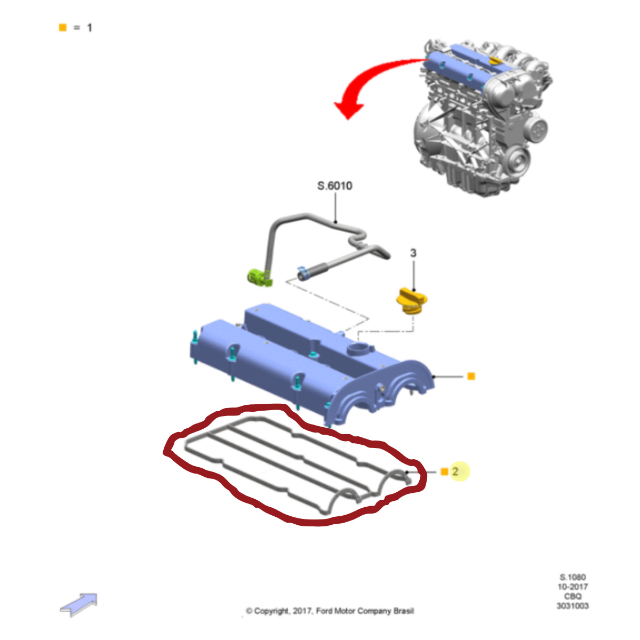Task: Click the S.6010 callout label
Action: tap(334, 186)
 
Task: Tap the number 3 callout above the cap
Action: tap(413, 253)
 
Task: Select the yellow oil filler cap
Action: tap(412, 301)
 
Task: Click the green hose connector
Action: tap(260, 277)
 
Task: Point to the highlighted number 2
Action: tap(455, 471)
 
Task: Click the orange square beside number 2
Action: tap(444, 471)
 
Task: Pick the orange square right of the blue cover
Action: tap(471, 377)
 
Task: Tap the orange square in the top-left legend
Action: tap(62, 27)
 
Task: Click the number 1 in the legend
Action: tap(90, 28)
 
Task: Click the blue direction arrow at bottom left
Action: tap(79, 604)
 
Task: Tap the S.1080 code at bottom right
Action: tap(573, 577)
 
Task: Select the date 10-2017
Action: tap(573, 587)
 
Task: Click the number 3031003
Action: tap(573, 606)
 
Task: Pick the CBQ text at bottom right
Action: tap(573, 596)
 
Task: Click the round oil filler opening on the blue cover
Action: tap(359, 349)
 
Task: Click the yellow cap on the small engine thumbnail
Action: tap(494, 61)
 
